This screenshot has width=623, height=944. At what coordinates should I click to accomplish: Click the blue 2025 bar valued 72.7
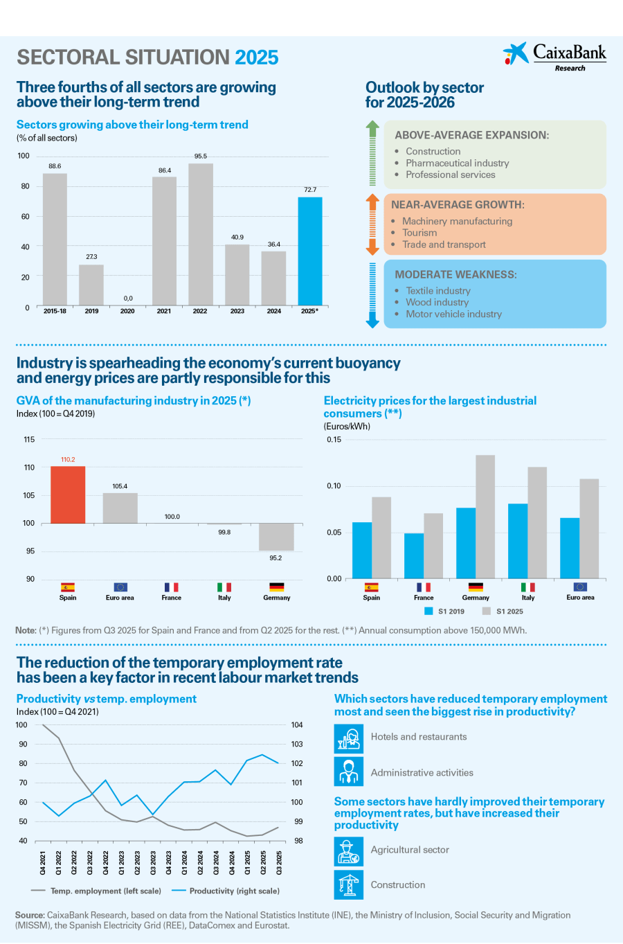(x=309, y=251)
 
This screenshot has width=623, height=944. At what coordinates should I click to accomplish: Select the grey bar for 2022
(x=200, y=234)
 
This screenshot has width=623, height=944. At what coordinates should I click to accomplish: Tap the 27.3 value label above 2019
(x=91, y=257)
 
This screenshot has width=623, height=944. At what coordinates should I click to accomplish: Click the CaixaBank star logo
(x=515, y=53)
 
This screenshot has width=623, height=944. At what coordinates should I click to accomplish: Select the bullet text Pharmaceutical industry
(x=457, y=163)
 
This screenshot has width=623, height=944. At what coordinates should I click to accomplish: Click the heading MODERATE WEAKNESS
(x=455, y=275)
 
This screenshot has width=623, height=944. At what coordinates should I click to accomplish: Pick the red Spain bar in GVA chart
(x=68, y=495)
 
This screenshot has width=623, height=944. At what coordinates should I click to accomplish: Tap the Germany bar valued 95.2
(x=276, y=537)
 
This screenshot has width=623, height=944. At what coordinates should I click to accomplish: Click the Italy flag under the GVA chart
(x=224, y=587)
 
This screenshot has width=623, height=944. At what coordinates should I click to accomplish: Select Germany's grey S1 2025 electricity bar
(x=485, y=517)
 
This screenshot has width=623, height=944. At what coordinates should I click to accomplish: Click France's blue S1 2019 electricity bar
(x=414, y=555)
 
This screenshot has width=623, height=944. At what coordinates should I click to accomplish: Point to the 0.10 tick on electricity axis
(x=334, y=486)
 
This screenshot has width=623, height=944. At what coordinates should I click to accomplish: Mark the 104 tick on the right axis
(x=296, y=725)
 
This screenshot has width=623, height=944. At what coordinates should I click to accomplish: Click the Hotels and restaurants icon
(x=349, y=738)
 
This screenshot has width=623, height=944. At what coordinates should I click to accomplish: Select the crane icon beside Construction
(x=349, y=885)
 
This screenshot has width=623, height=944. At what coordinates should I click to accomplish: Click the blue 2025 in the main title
(x=256, y=57)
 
